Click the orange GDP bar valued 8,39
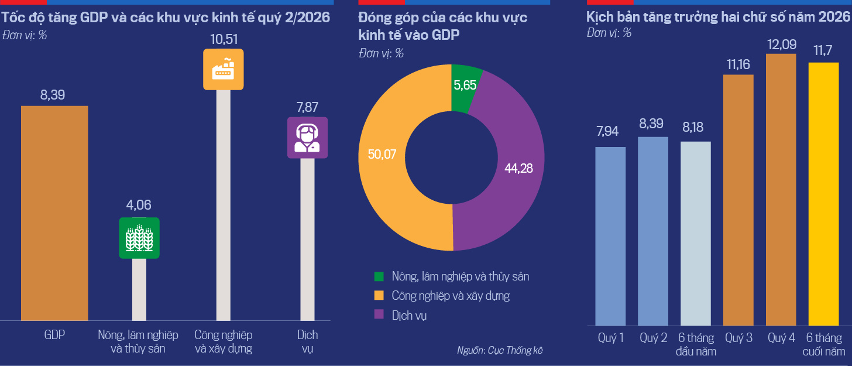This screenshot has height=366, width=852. coord(54,213)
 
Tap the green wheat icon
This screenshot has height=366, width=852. coord(139,238)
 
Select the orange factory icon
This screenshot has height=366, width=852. coord(224,69)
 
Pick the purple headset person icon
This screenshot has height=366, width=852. coord(307,138)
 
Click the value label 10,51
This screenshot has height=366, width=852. coord(224,39)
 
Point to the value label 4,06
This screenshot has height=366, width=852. coord(139,205)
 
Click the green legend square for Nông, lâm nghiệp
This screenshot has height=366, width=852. coord(379,276)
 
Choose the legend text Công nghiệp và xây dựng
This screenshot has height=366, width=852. coord(451,296)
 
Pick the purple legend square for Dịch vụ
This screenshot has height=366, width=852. coord(379,314)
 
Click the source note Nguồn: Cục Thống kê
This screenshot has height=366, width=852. coord(500,350)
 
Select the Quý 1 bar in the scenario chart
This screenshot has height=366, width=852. coord(610,236)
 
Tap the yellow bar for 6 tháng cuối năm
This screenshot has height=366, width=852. coord(823,194)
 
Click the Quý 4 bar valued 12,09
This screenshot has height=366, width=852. coord(781,190)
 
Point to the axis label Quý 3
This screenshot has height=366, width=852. coord(738,338)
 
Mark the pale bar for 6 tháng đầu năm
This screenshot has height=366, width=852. coord(696,234)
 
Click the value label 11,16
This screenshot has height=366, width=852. coord(738,64)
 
